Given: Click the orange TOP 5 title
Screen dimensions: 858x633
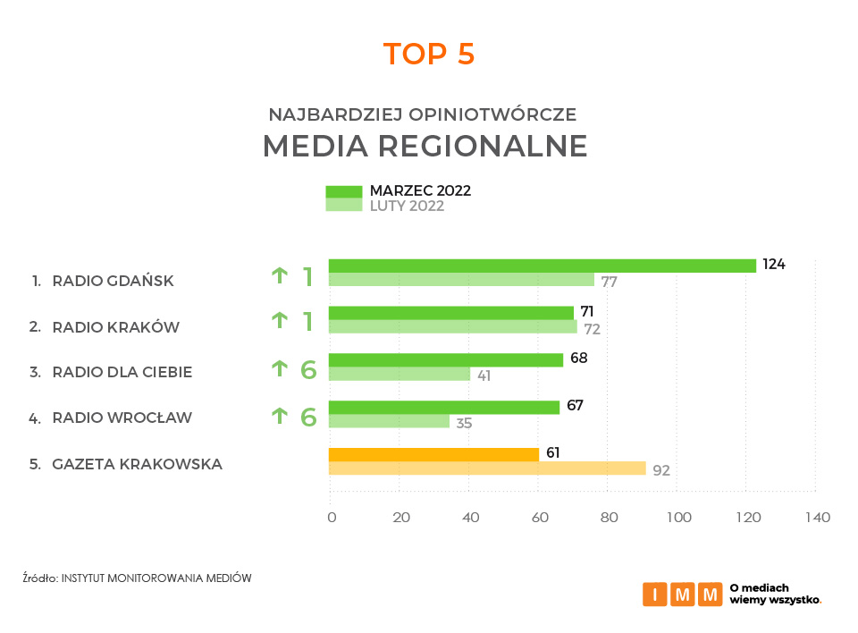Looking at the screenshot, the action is pos(429,54).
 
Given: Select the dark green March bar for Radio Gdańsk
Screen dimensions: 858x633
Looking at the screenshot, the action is pos(543,266).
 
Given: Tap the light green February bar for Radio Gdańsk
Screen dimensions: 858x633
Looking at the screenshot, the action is pos(461,279).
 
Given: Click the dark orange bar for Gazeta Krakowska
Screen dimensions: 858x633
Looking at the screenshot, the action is pos(434,454).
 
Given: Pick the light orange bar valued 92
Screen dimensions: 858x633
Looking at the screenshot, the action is pos(487,468).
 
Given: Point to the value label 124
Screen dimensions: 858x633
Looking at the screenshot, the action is pos(774,264).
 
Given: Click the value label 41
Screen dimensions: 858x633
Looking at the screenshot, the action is pos(484,376).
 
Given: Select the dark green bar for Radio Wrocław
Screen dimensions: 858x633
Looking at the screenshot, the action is pos(444,408).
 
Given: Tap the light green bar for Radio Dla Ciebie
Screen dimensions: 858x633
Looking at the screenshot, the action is pos(400,374).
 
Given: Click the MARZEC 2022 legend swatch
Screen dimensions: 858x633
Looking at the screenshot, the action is pos(343,191).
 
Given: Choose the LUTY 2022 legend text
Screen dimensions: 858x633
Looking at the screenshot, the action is pos(408,206).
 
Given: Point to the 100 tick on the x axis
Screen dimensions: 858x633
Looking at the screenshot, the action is pos(678,518).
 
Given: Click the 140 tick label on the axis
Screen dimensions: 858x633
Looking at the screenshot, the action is pos(818,518).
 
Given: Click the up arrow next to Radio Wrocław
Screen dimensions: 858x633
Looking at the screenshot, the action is pos(280,416).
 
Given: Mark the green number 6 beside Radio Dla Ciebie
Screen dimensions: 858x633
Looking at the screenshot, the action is pos(308,370).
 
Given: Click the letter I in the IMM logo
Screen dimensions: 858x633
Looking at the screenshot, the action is pos(655,595).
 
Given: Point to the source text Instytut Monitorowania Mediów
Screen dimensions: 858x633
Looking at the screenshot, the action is pos(156,578).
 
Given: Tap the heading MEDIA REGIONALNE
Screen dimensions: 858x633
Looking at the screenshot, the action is pos(425,147).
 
